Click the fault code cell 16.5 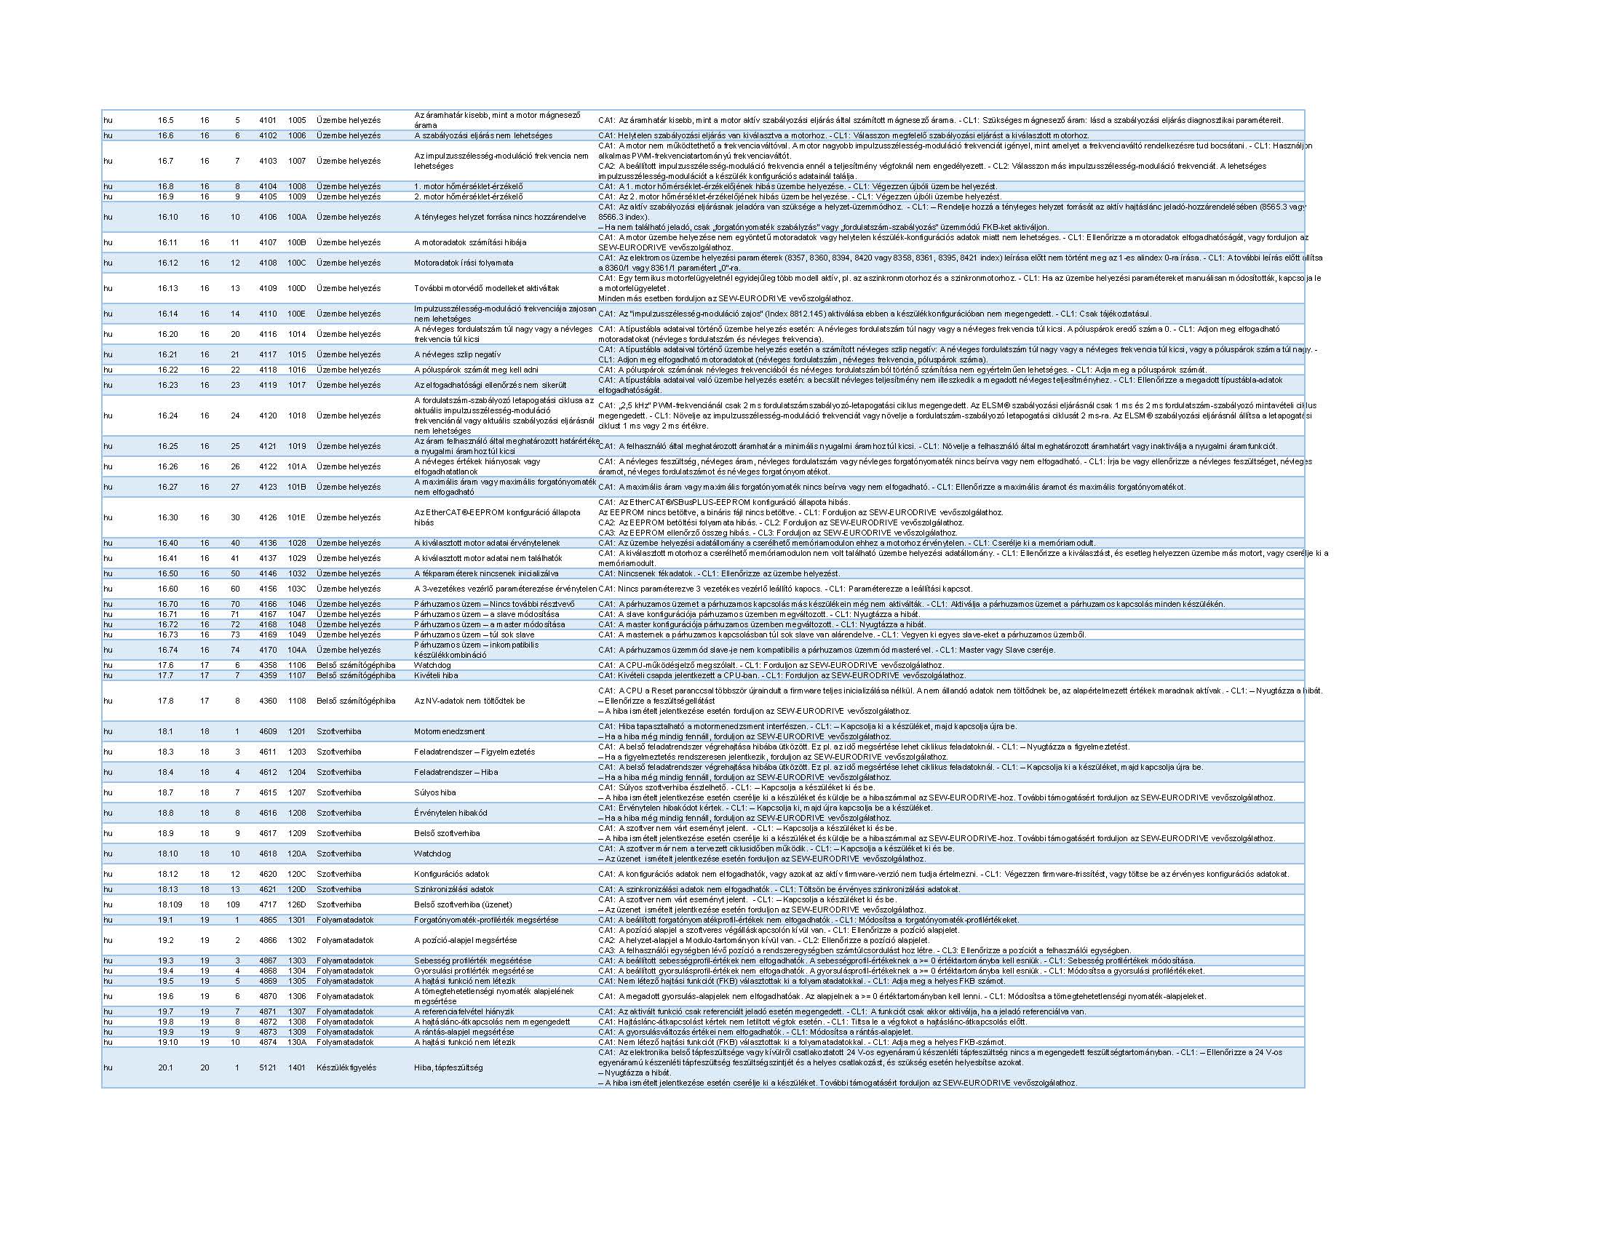tap(166, 120)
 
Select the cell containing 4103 tap(268, 161)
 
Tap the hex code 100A tap(297, 217)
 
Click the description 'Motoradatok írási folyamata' tap(464, 263)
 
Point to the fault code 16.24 tap(168, 415)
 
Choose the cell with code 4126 tap(268, 517)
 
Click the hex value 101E tap(297, 517)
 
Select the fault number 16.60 tap(168, 589)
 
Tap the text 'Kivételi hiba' tap(436, 675)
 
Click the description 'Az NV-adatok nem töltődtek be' tap(470, 701)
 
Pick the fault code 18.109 tap(170, 904)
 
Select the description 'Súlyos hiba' tap(434, 792)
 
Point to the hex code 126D tap(297, 904)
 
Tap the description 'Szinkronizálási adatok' tap(454, 889)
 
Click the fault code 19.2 tap(166, 940)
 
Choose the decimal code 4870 tap(268, 996)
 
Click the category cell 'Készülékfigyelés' tap(346, 1067)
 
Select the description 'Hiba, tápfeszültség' tap(448, 1067)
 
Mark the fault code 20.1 tap(166, 1067)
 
